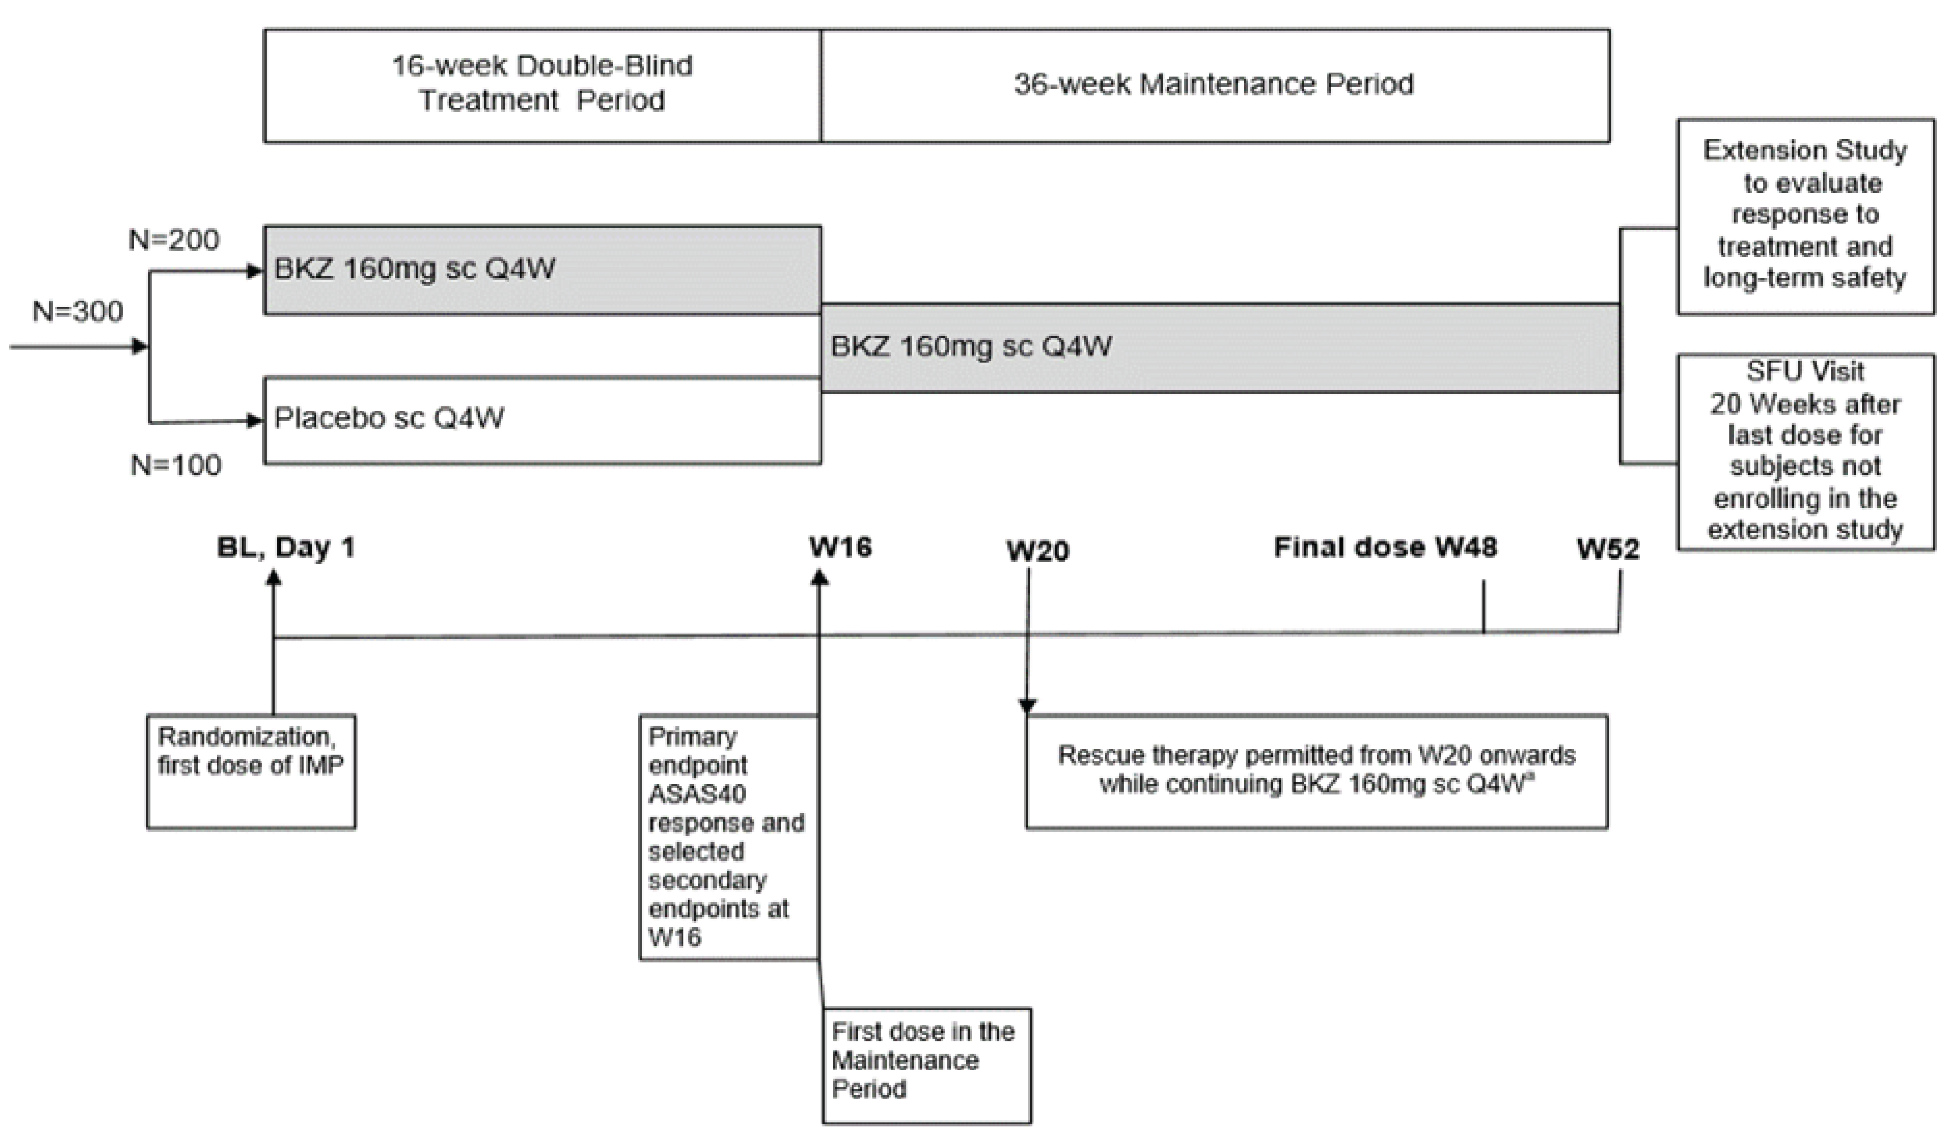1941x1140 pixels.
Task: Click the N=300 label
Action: pyautogui.click(x=78, y=312)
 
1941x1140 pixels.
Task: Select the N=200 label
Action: pyautogui.click(x=174, y=241)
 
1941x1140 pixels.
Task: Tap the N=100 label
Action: pyautogui.click(x=175, y=465)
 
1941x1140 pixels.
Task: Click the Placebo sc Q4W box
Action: pyautogui.click(x=542, y=420)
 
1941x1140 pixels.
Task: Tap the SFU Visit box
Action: pyautogui.click(x=1805, y=451)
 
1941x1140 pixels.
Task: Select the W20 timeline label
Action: pyautogui.click(x=1037, y=552)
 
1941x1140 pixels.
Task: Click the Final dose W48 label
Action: pyautogui.click(x=1385, y=548)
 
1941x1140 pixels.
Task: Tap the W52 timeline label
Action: pyautogui.click(x=1607, y=549)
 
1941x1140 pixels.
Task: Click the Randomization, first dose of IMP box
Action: pyautogui.click(x=251, y=772)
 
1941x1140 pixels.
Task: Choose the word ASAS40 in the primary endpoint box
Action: pyautogui.click(x=697, y=794)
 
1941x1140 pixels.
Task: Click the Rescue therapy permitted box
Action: pyautogui.click(x=1316, y=771)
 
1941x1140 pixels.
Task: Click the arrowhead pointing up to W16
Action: pyautogui.click(x=820, y=577)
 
